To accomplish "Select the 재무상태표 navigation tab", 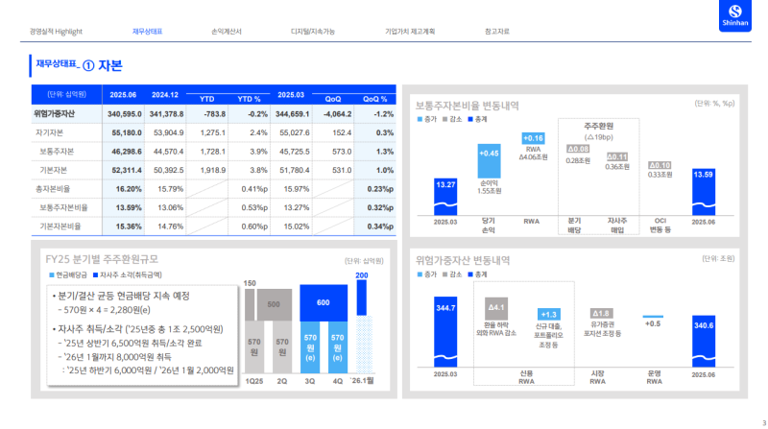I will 148,32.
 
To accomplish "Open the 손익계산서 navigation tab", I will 227,32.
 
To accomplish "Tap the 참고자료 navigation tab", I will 497,32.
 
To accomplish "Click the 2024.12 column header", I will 165,95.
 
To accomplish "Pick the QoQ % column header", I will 375,99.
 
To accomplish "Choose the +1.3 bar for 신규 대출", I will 549,314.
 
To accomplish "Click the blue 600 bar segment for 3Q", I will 311,302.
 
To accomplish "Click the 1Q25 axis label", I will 253,381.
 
